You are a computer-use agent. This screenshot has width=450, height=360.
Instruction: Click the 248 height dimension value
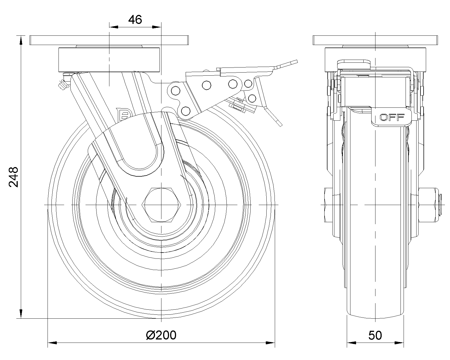point(13,177)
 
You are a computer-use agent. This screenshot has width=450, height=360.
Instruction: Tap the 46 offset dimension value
point(135,20)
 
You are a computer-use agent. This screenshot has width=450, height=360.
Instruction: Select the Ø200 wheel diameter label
point(161,335)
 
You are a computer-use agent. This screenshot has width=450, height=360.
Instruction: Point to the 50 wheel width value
point(375,335)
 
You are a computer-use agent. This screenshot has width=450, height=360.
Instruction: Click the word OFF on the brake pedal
point(392,118)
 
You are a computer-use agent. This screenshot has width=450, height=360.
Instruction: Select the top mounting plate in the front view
point(109,40)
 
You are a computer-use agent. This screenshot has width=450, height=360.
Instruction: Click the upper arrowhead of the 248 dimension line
point(21,40)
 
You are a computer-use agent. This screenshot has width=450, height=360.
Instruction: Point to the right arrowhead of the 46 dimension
point(157,27)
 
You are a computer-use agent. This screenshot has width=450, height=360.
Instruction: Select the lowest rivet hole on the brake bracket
point(186,111)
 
